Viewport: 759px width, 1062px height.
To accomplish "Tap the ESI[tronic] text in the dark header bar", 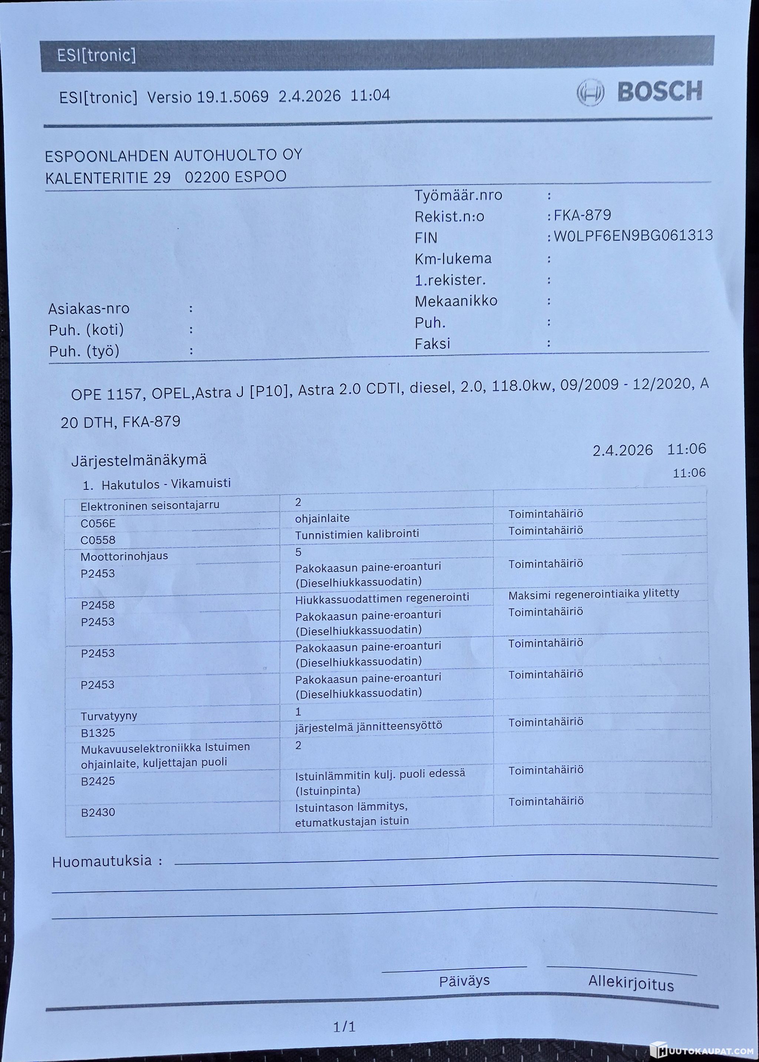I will (96, 56).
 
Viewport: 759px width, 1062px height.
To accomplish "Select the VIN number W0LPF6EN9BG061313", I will (633, 235).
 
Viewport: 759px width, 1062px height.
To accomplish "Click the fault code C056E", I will (98, 523).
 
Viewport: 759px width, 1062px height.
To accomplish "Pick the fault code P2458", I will (98, 605).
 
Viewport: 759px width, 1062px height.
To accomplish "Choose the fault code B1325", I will (98, 733).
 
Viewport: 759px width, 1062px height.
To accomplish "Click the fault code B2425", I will (98, 781).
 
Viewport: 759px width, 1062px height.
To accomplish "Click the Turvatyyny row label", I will (109, 716).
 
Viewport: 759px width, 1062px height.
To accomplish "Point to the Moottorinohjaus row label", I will (124, 556).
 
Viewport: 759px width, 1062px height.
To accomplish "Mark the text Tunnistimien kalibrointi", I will (357, 534).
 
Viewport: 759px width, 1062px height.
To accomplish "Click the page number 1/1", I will (344, 1026).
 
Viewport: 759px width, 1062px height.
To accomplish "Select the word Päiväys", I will (464, 981).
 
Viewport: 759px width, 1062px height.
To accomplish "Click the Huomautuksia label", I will (102, 861).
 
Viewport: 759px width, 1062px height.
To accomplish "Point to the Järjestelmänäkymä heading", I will (139, 460).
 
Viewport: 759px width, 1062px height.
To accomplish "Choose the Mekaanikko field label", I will (456, 301).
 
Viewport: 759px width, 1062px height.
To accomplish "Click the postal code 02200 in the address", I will (206, 177).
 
